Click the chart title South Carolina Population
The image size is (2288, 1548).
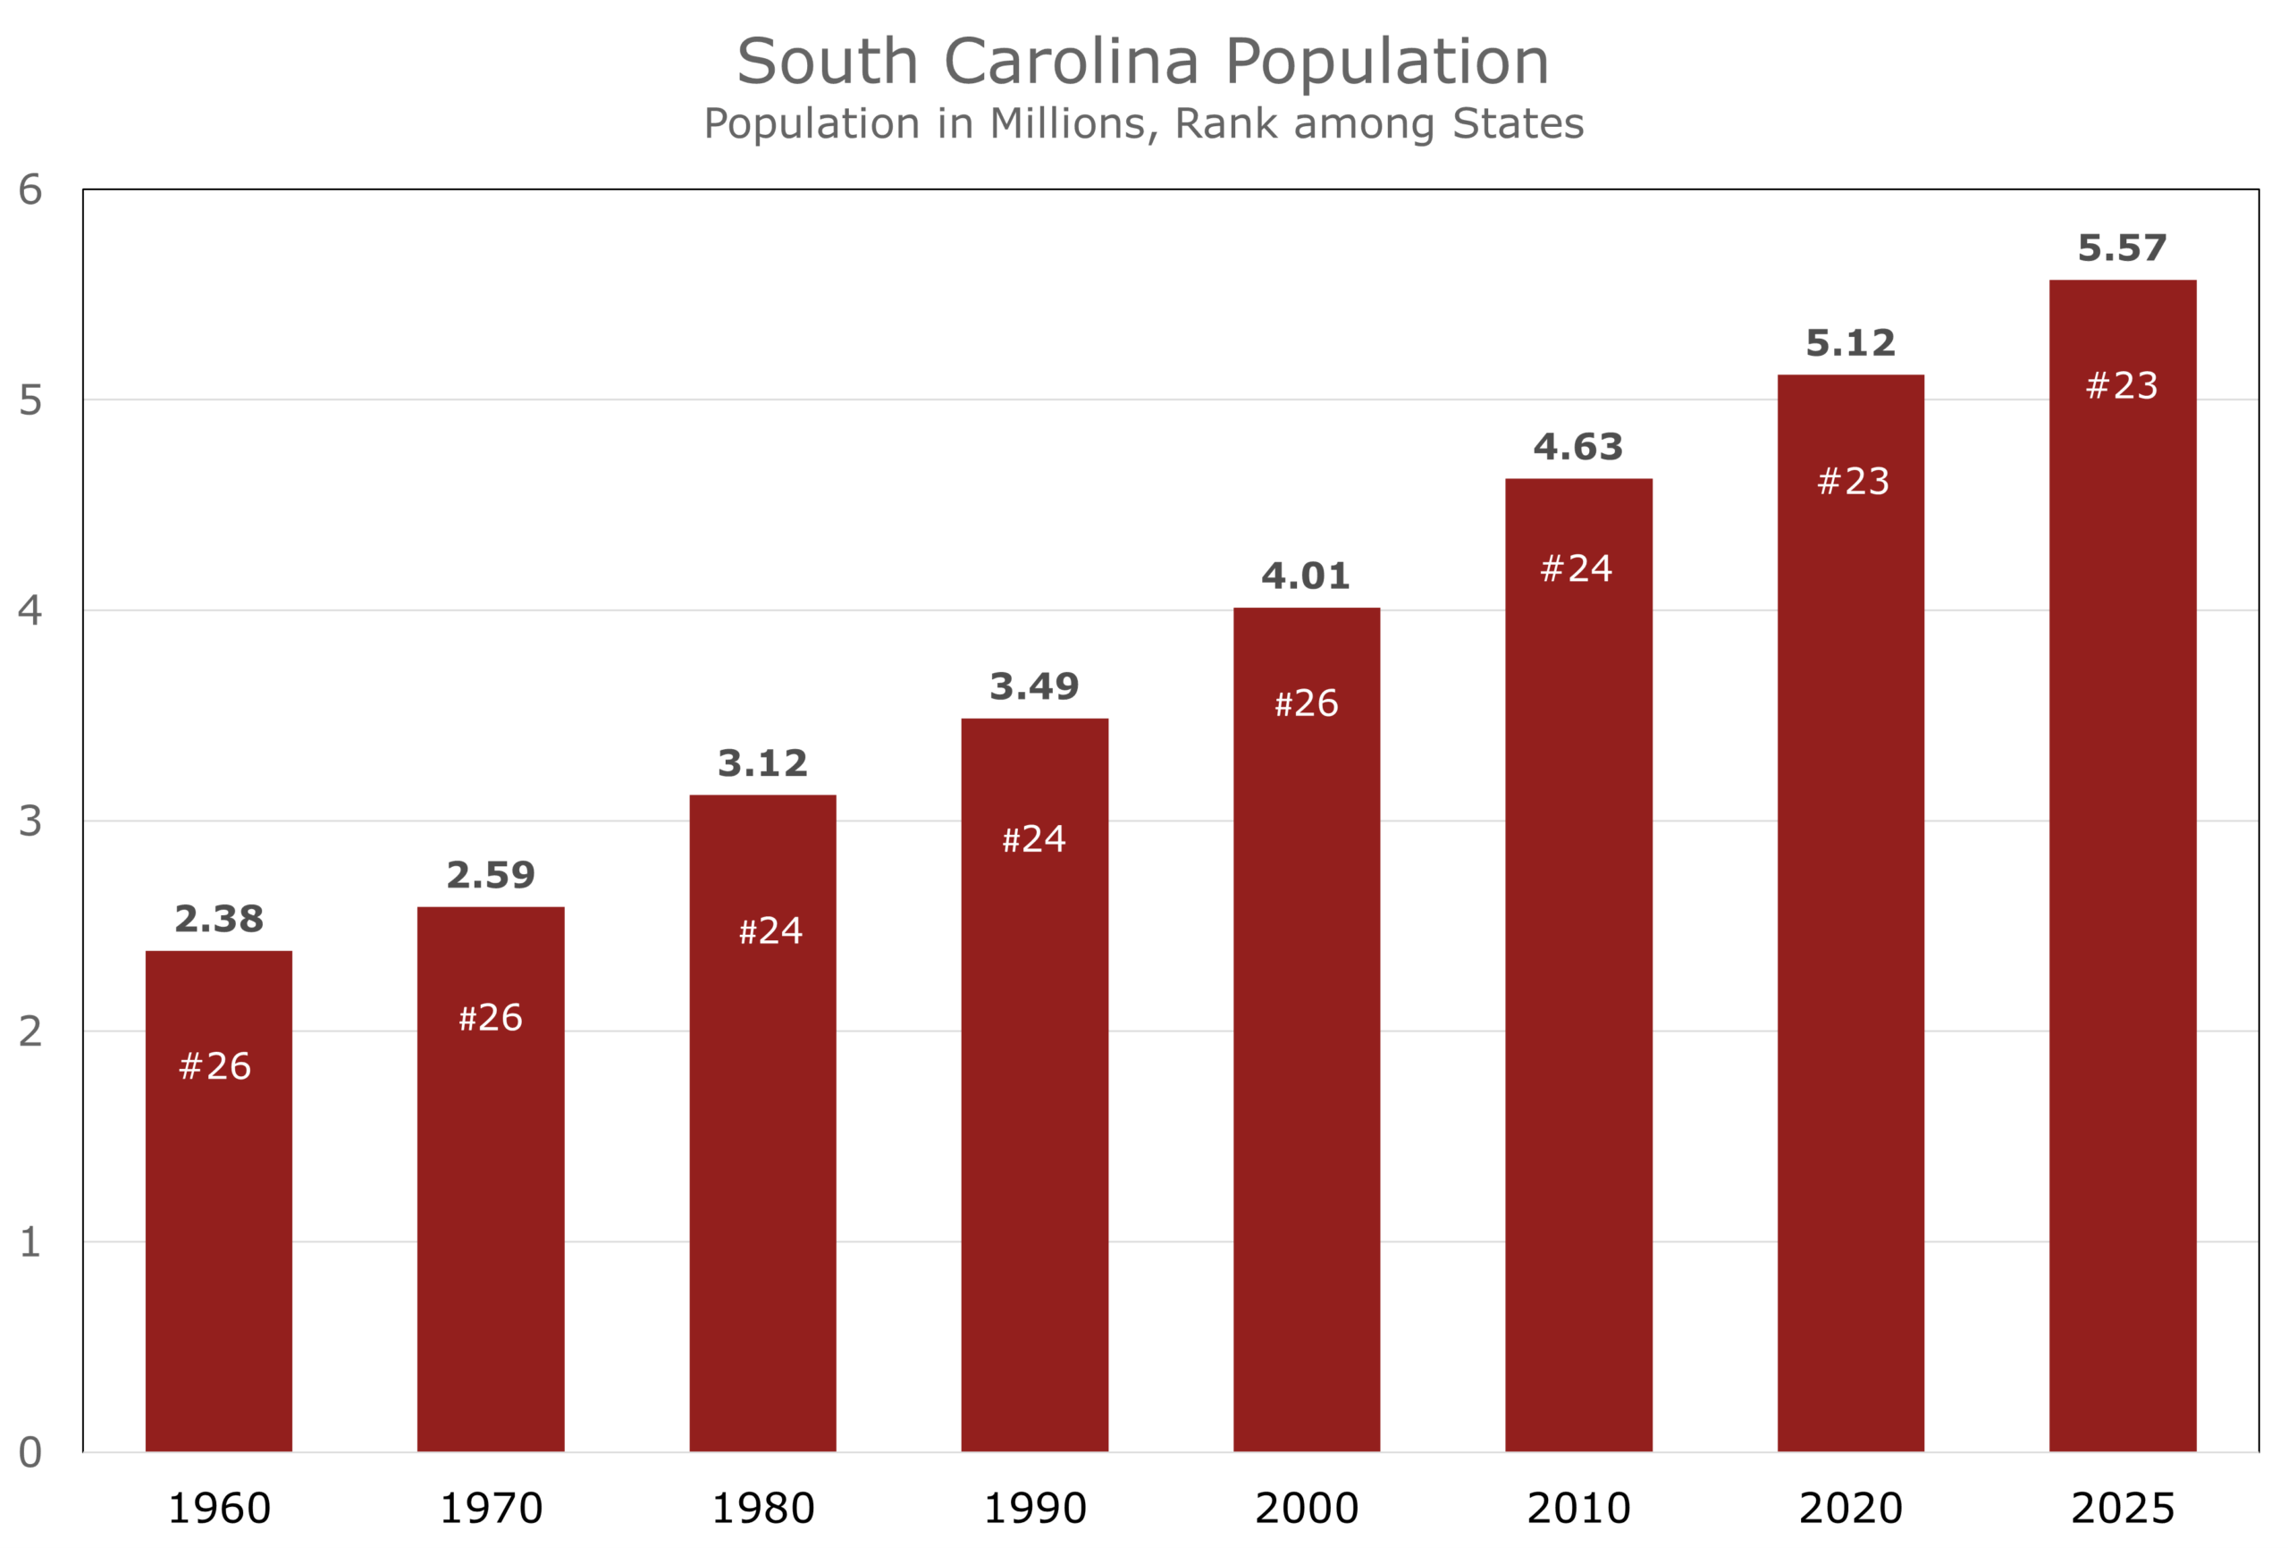coord(1143,61)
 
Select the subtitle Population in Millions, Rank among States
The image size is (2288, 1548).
coord(1143,124)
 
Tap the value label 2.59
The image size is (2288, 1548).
coord(491,874)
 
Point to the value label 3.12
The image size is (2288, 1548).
coord(762,763)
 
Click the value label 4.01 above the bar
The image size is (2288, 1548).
coord(1306,576)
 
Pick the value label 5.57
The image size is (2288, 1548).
coord(2122,248)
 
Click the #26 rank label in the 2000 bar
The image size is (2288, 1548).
coord(1306,704)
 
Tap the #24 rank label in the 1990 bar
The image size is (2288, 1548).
coord(1034,840)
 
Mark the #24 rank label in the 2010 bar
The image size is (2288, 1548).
coord(1577,569)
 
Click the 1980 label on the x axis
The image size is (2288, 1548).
coord(763,1509)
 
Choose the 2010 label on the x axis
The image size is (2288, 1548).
coord(1578,1509)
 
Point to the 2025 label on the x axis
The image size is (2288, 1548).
coord(2122,1509)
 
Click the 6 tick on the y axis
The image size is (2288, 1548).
coord(29,190)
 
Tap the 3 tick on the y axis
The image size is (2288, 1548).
coord(29,821)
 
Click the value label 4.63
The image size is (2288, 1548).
coord(1577,447)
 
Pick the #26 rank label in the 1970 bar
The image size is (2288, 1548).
coord(491,1018)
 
